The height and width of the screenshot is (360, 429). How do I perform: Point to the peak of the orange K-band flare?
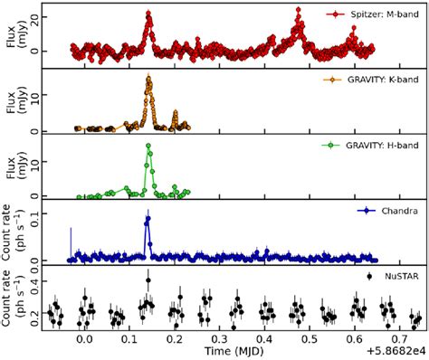point(148,79)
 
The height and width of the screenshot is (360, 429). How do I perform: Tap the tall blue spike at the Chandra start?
point(71,242)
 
